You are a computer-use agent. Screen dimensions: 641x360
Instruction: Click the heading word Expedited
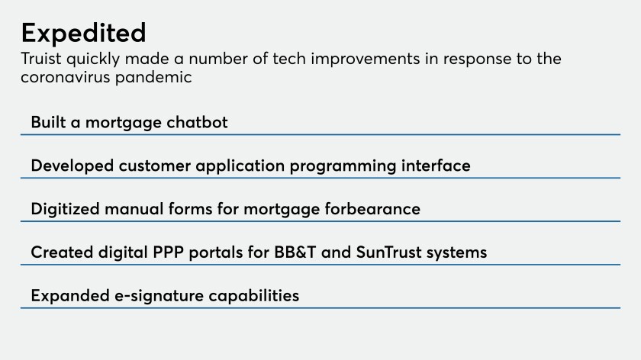(x=83, y=34)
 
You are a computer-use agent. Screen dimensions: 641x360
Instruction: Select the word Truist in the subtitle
(x=41, y=59)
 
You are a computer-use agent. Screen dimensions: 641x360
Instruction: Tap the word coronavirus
(x=66, y=77)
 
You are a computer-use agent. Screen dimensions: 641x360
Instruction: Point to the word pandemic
(x=153, y=78)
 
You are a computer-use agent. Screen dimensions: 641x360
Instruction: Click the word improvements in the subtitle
(x=365, y=59)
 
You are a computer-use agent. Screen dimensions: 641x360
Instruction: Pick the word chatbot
(x=197, y=122)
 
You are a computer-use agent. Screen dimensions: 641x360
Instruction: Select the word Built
(x=48, y=122)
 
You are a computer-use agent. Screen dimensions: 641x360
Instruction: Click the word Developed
(x=72, y=166)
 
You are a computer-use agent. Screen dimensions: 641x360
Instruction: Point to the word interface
(x=436, y=166)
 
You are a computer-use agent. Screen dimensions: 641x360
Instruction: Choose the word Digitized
(x=65, y=209)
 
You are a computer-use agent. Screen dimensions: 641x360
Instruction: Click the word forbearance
(x=372, y=209)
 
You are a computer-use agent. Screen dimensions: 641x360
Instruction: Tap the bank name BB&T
(x=295, y=252)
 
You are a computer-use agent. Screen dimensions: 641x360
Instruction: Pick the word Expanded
(x=70, y=296)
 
